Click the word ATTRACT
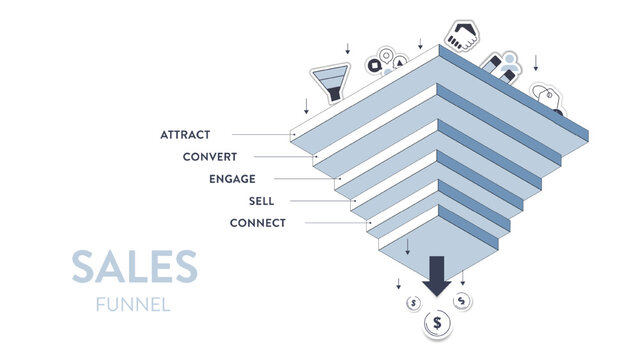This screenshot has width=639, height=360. [185, 134]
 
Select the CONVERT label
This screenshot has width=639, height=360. [210, 156]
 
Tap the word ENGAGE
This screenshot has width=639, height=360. [232, 178]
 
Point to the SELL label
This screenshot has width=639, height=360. [261, 200]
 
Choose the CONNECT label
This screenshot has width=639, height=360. [257, 222]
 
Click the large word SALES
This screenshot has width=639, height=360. [134, 267]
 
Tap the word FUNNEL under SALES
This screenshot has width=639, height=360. [133, 304]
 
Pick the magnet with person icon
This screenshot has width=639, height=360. [503, 67]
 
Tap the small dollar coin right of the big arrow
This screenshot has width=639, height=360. [461, 300]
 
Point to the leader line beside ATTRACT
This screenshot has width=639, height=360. [260, 134]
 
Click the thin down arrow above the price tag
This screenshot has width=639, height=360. [536, 61]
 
